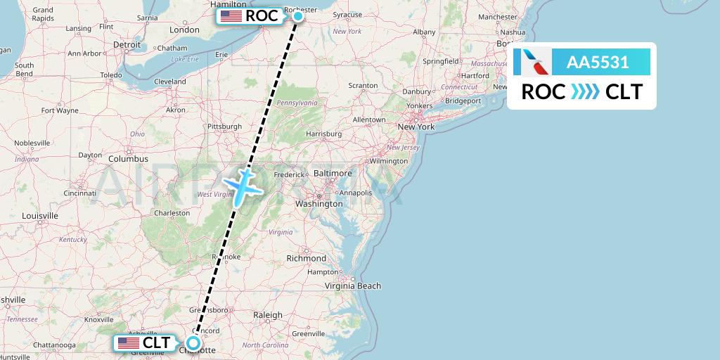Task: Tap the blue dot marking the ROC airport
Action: click(x=298, y=15)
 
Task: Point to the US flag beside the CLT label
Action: click(x=129, y=343)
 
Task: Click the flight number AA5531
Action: click(x=598, y=63)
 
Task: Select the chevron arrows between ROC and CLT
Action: click(x=585, y=92)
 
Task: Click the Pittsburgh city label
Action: click(x=224, y=127)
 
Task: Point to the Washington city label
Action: click(x=319, y=203)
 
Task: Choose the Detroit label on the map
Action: click(x=127, y=44)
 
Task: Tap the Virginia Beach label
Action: click(x=353, y=285)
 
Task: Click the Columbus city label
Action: click(x=127, y=159)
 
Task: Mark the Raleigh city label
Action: click(x=267, y=315)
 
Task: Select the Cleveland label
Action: click(x=170, y=82)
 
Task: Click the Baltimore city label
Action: click(x=332, y=172)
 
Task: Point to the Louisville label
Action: click(x=40, y=215)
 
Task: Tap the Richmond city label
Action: click(x=307, y=258)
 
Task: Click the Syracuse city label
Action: click(x=347, y=14)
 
